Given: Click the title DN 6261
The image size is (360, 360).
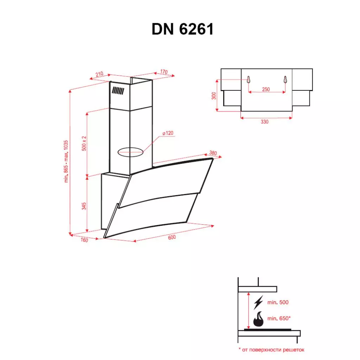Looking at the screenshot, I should click(182, 30).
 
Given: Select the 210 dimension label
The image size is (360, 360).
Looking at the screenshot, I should click(99, 74).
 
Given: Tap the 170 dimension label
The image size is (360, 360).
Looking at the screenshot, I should click(163, 72).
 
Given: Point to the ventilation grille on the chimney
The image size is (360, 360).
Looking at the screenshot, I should click(118, 91).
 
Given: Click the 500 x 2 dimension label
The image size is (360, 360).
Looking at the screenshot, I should click(84, 143).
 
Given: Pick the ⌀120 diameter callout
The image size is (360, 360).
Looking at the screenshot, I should click(168, 133).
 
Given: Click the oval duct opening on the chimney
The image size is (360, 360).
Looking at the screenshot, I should click(130, 152).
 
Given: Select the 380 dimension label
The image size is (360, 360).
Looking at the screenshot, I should click(213, 153).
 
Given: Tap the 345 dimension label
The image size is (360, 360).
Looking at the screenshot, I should click(84, 206).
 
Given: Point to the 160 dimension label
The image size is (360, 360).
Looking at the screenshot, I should click(84, 240).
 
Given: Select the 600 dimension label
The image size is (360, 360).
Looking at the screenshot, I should click(172, 237).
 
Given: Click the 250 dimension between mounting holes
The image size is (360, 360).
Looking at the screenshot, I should click(266, 90).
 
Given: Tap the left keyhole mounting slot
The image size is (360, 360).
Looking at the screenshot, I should click(248, 80).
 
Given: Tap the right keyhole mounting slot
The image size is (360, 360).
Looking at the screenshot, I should click(285, 80).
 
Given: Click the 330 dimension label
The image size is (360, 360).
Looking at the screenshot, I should click(264, 122).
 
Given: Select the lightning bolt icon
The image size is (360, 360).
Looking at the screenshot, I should click(258, 302).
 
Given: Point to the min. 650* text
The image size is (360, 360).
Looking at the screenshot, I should click(279, 318).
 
